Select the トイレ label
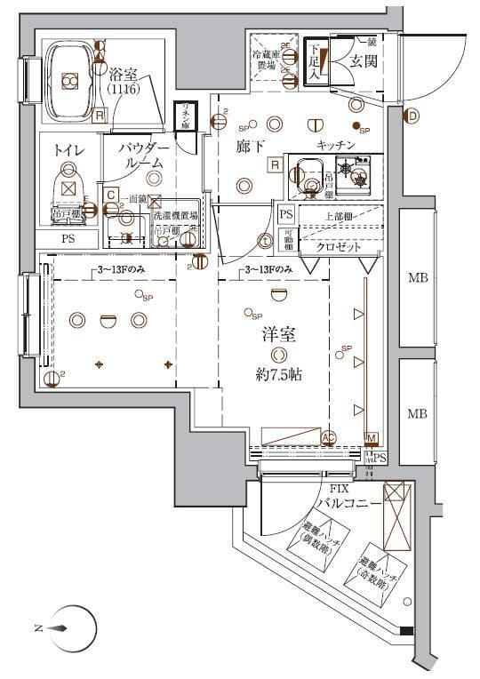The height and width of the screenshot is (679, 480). [69, 150]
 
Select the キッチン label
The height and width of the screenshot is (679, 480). [336, 144]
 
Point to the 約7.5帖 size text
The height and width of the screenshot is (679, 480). [276, 374]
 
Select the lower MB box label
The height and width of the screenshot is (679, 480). [418, 413]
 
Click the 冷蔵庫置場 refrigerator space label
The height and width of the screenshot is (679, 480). [263, 60]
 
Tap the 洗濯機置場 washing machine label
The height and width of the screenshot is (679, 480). [176, 216]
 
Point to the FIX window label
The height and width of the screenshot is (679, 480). [339, 489]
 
